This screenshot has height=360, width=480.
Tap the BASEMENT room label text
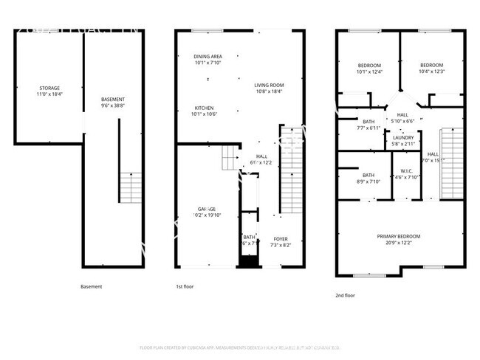[x=113, y=100]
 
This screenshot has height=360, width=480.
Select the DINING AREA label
[x=208, y=57]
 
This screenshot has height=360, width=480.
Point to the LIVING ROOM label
[x=270, y=85]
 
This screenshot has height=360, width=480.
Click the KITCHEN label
[x=204, y=108]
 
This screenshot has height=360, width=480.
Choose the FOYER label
[x=281, y=238]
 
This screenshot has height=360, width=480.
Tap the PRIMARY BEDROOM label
[x=398, y=235]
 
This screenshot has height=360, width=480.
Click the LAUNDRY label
[x=403, y=137]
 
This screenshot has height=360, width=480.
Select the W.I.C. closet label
[x=403, y=171]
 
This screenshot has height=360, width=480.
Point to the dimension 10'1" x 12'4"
[x=369, y=72]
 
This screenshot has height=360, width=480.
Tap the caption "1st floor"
[x=185, y=286]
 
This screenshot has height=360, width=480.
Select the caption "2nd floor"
[x=345, y=295]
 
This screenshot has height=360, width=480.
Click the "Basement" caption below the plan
[x=91, y=286]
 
